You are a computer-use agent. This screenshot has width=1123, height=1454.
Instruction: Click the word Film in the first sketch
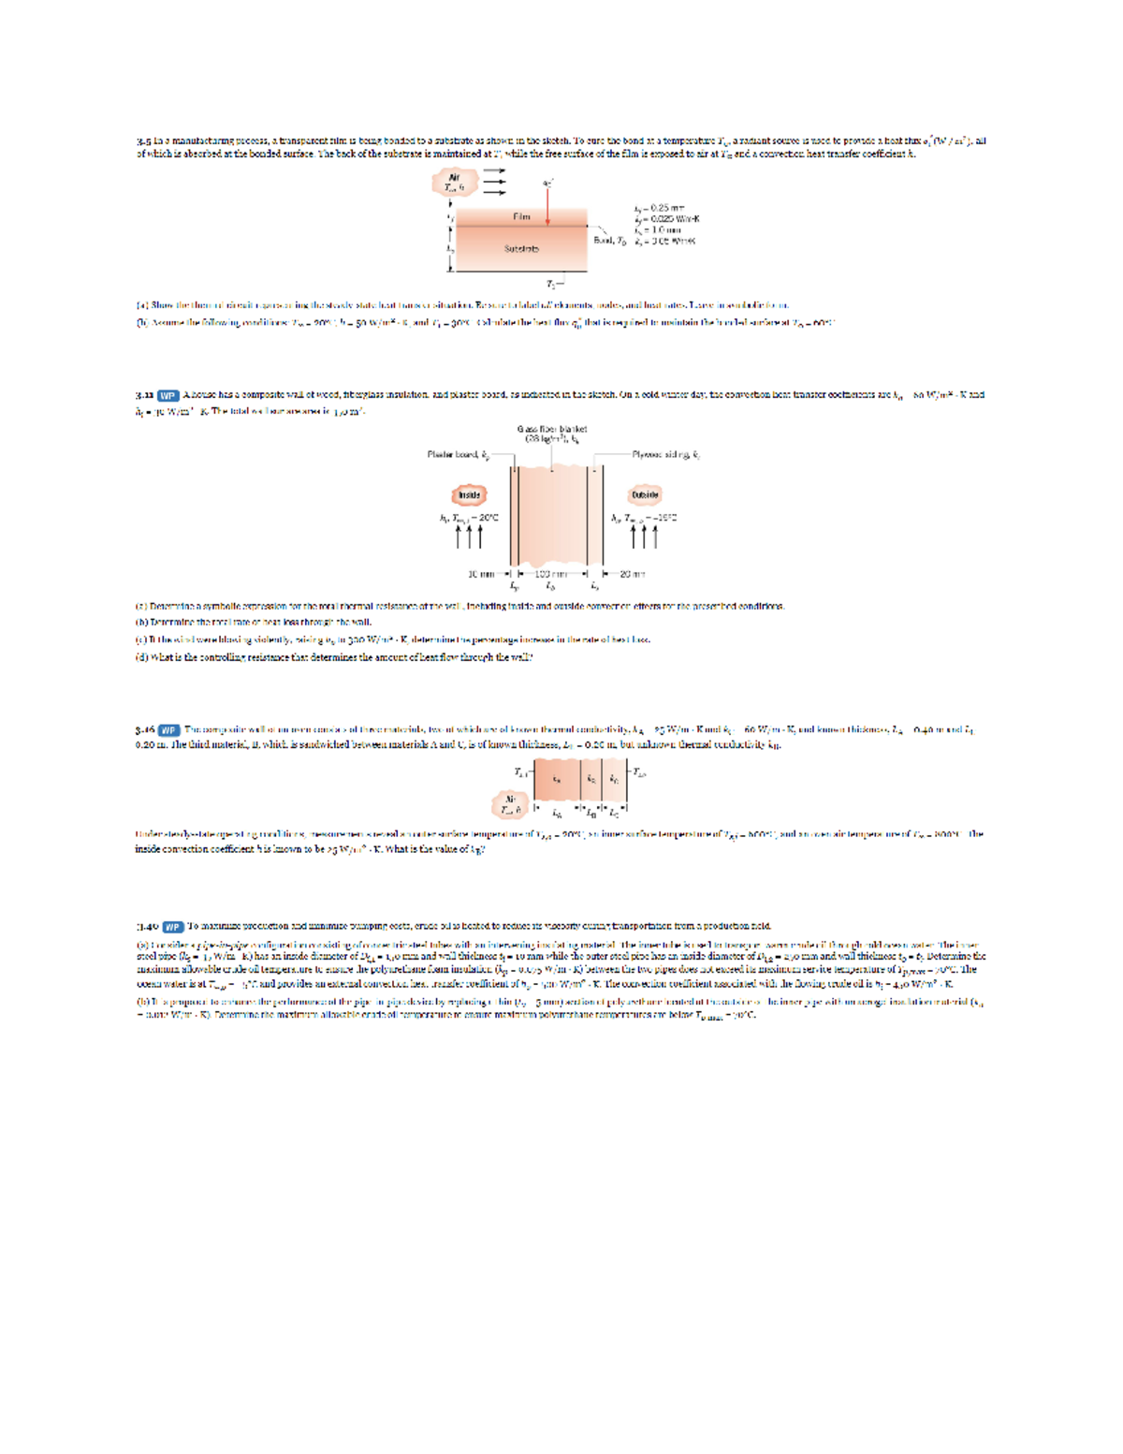pos(521,217)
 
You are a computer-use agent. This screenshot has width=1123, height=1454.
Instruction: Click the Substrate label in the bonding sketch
pos(521,249)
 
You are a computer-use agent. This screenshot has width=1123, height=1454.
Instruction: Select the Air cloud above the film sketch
pos(455,182)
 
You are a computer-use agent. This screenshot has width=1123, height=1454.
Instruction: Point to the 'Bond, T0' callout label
pos(609,241)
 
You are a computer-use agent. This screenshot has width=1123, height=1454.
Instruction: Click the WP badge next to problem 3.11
pos(168,395)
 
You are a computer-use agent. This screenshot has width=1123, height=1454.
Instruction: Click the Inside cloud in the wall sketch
pos(469,494)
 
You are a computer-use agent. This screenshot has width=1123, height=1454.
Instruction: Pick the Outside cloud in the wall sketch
pos(645,494)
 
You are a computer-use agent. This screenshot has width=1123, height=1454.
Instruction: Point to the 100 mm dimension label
pos(551,574)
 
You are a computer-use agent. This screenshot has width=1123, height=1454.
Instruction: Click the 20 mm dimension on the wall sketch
pos(633,574)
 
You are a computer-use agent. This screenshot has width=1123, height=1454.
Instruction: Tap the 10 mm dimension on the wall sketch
pos(480,574)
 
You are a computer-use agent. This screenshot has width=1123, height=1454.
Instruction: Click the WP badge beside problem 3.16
pos(168,729)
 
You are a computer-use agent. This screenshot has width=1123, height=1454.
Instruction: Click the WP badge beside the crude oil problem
pos(173,927)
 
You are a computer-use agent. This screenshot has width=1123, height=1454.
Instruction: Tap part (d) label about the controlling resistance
pos(141,657)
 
